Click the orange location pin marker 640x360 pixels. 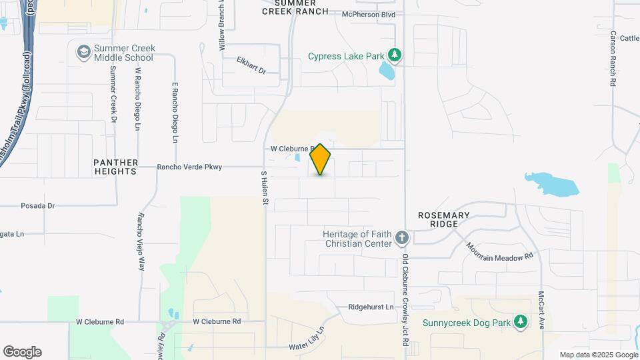click(x=321, y=159)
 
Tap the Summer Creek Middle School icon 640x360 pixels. click(x=83, y=52)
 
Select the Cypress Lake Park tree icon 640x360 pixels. click(x=395, y=56)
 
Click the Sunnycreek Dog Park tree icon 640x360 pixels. click(x=521, y=323)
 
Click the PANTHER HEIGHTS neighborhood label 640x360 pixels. click(x=116, y=167)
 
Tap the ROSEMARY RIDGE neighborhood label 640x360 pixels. click(x=444, y=219)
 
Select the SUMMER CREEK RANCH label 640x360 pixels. click(x=295, y=7)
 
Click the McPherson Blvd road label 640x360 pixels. click(x=369, y=14)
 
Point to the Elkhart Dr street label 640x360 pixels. click(x=251, y=65)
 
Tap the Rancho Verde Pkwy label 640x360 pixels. click(x=189, y=167)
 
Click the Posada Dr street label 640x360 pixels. click(x=37, y=206)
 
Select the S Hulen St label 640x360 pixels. click(x=264, y=187)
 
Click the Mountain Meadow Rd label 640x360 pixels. click(x=500, y=251)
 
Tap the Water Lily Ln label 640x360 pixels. click(x=307, y=339)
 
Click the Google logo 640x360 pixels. click(x=22, y=352)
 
